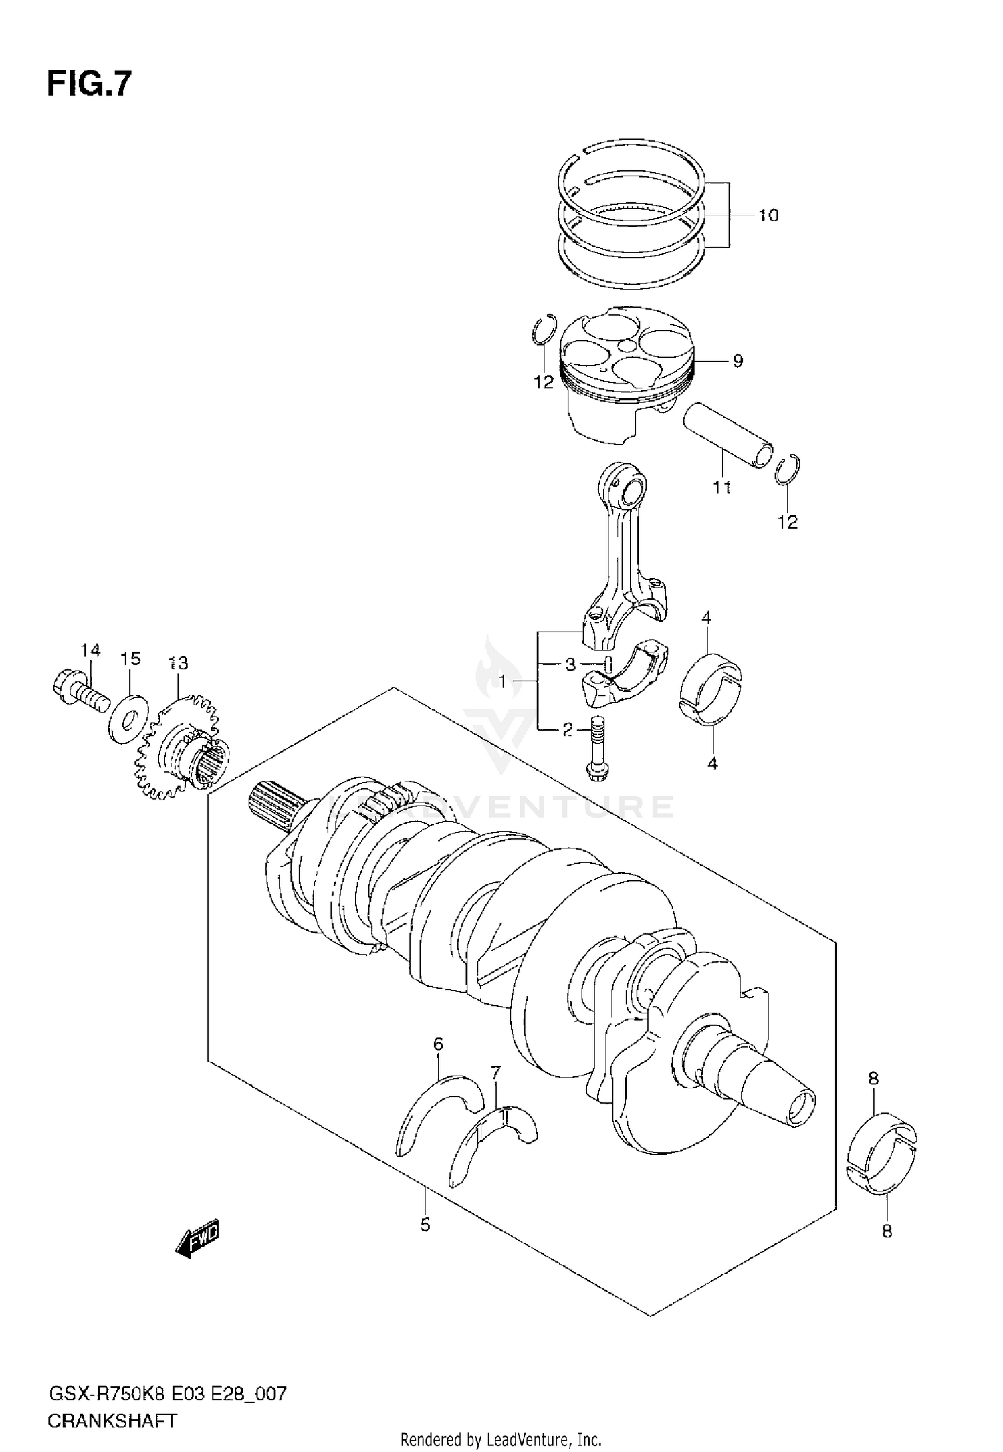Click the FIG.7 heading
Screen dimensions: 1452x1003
(x=89, y=85)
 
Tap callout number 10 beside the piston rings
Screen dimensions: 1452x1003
(x=768, y=216)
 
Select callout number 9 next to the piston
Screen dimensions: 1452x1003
(x=737, y=362)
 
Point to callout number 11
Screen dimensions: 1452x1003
(x=721, y=488)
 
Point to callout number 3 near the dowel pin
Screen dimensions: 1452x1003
(x=570, y=664)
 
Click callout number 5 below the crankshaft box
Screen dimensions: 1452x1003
(x=425, y=1225)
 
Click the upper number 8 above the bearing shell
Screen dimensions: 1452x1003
(x=873, y=1078)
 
